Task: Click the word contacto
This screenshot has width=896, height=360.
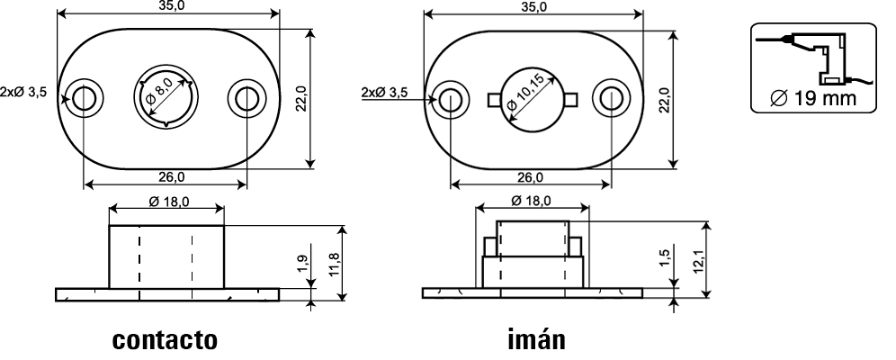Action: coord(165,340)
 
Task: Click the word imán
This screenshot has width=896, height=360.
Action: coord(536,339)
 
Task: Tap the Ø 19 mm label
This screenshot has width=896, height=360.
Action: coord(813,98)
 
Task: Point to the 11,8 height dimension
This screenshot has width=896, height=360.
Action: coord(336,264)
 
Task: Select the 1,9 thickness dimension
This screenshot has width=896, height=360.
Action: coord(303,264)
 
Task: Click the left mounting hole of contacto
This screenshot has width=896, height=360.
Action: coord(84,99)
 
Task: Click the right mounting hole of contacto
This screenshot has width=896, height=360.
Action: coord(246,99)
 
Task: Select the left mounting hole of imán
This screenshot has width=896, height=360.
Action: coord(451,99)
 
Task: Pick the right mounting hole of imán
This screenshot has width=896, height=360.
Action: coord(611,99)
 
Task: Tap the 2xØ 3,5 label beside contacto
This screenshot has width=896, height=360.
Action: coord(23,92)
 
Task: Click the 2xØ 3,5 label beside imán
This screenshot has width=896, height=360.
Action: coord(385,93)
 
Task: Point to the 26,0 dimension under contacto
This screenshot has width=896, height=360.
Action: coord(172,177)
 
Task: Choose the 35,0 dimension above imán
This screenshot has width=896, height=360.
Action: coord(533,7)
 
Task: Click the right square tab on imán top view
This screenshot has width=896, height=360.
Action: coord(571,99)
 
